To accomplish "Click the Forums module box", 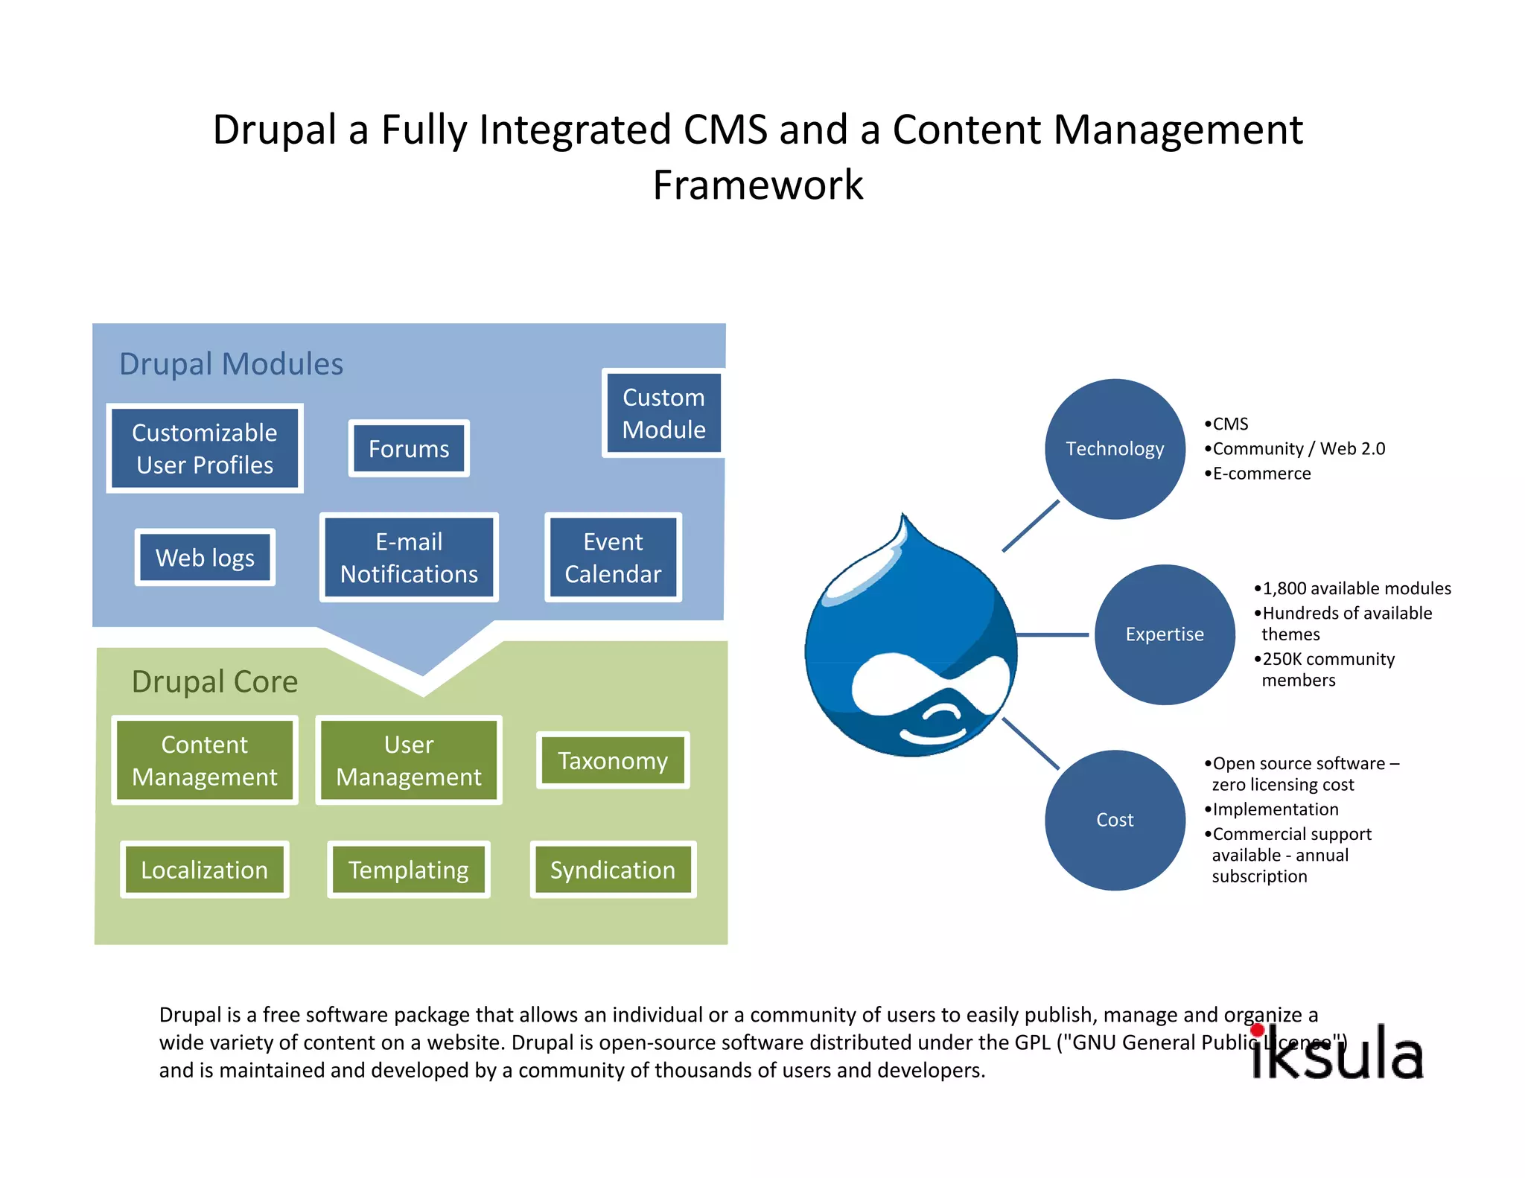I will (409, 449).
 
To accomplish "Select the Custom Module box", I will (663, 413).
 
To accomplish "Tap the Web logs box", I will (205, 558).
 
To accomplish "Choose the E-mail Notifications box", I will (409, 558).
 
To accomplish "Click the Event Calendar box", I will (613, 558).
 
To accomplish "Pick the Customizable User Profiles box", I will (205, 448).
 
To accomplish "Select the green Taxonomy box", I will (613, 760).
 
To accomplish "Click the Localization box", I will (205, 870).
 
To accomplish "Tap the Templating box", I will (409, 870).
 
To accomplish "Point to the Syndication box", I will (613, 870).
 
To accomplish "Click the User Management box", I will (409, 760).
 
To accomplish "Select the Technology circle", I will (1115, 449).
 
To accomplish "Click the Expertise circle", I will (1165, 634).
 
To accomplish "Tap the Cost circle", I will (1115, 820).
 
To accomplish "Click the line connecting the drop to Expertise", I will (1052, 635).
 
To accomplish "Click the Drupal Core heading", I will (214, 682).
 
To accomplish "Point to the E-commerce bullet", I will (1261, 474).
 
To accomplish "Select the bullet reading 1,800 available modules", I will (1356, 589).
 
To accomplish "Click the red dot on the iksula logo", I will (1258, 1031).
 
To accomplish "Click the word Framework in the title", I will (758, 185).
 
